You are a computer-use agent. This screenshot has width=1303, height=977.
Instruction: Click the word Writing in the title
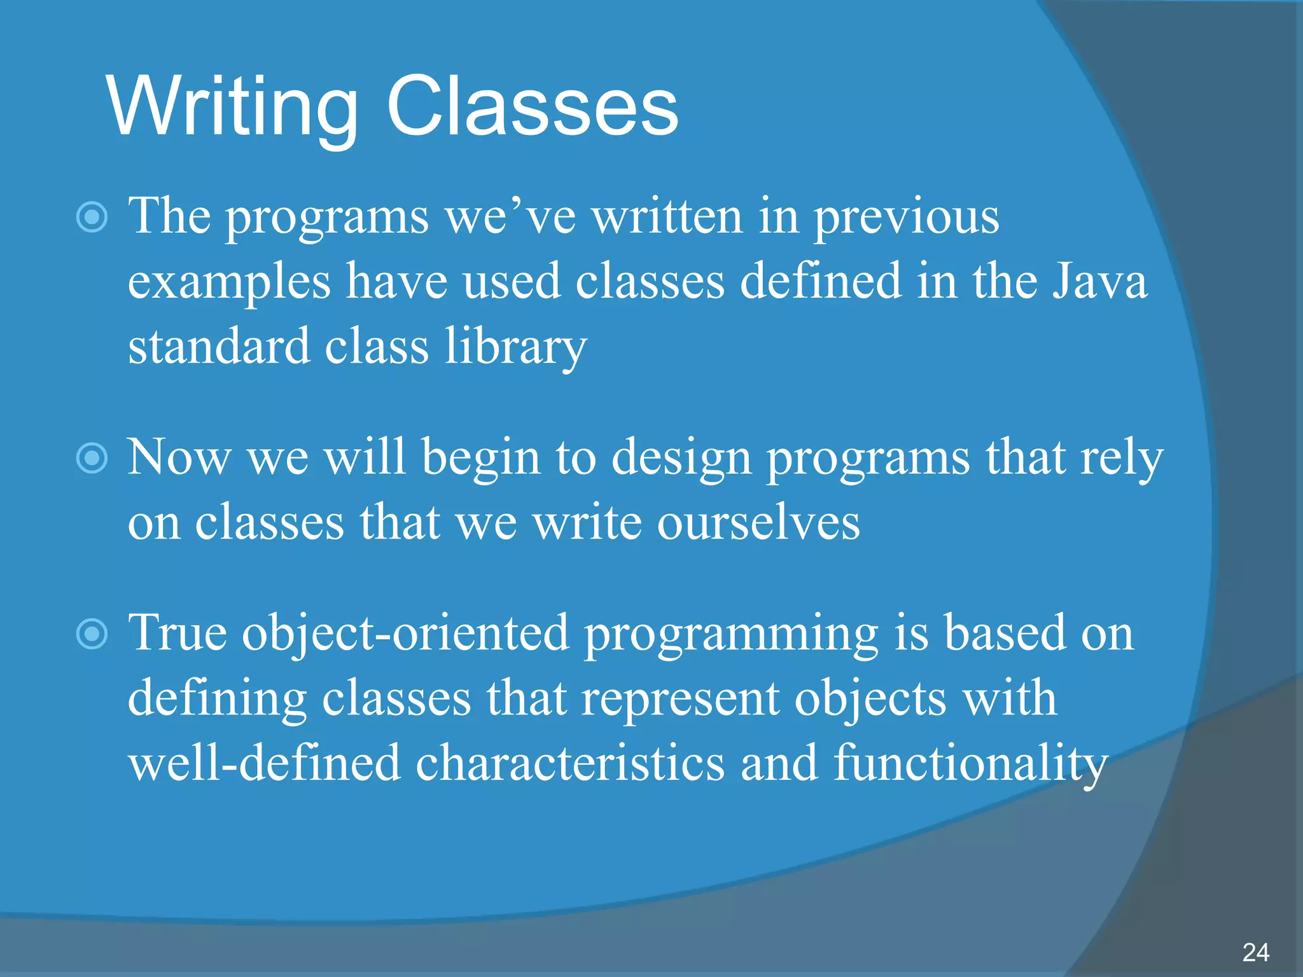(x=233, y=107)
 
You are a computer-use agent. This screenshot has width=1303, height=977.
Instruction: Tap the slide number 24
(x=1255, y=953)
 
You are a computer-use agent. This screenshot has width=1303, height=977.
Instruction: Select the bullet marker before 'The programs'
(x=92, y=218)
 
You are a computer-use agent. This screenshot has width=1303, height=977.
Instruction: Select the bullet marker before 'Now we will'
(x=92, y=458)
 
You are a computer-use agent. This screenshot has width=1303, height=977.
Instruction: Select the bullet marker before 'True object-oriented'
(x=92, y=634)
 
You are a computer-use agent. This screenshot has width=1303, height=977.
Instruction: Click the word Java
(x=1099, y=281)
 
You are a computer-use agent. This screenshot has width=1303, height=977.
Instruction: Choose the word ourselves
(x=758, y=523)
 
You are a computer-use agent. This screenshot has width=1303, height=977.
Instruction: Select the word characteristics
(x=570, y=763)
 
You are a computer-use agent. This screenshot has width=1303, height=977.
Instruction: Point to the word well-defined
(x=264, y=763)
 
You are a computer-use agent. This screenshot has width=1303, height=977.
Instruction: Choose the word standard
(x=219, y=347)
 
